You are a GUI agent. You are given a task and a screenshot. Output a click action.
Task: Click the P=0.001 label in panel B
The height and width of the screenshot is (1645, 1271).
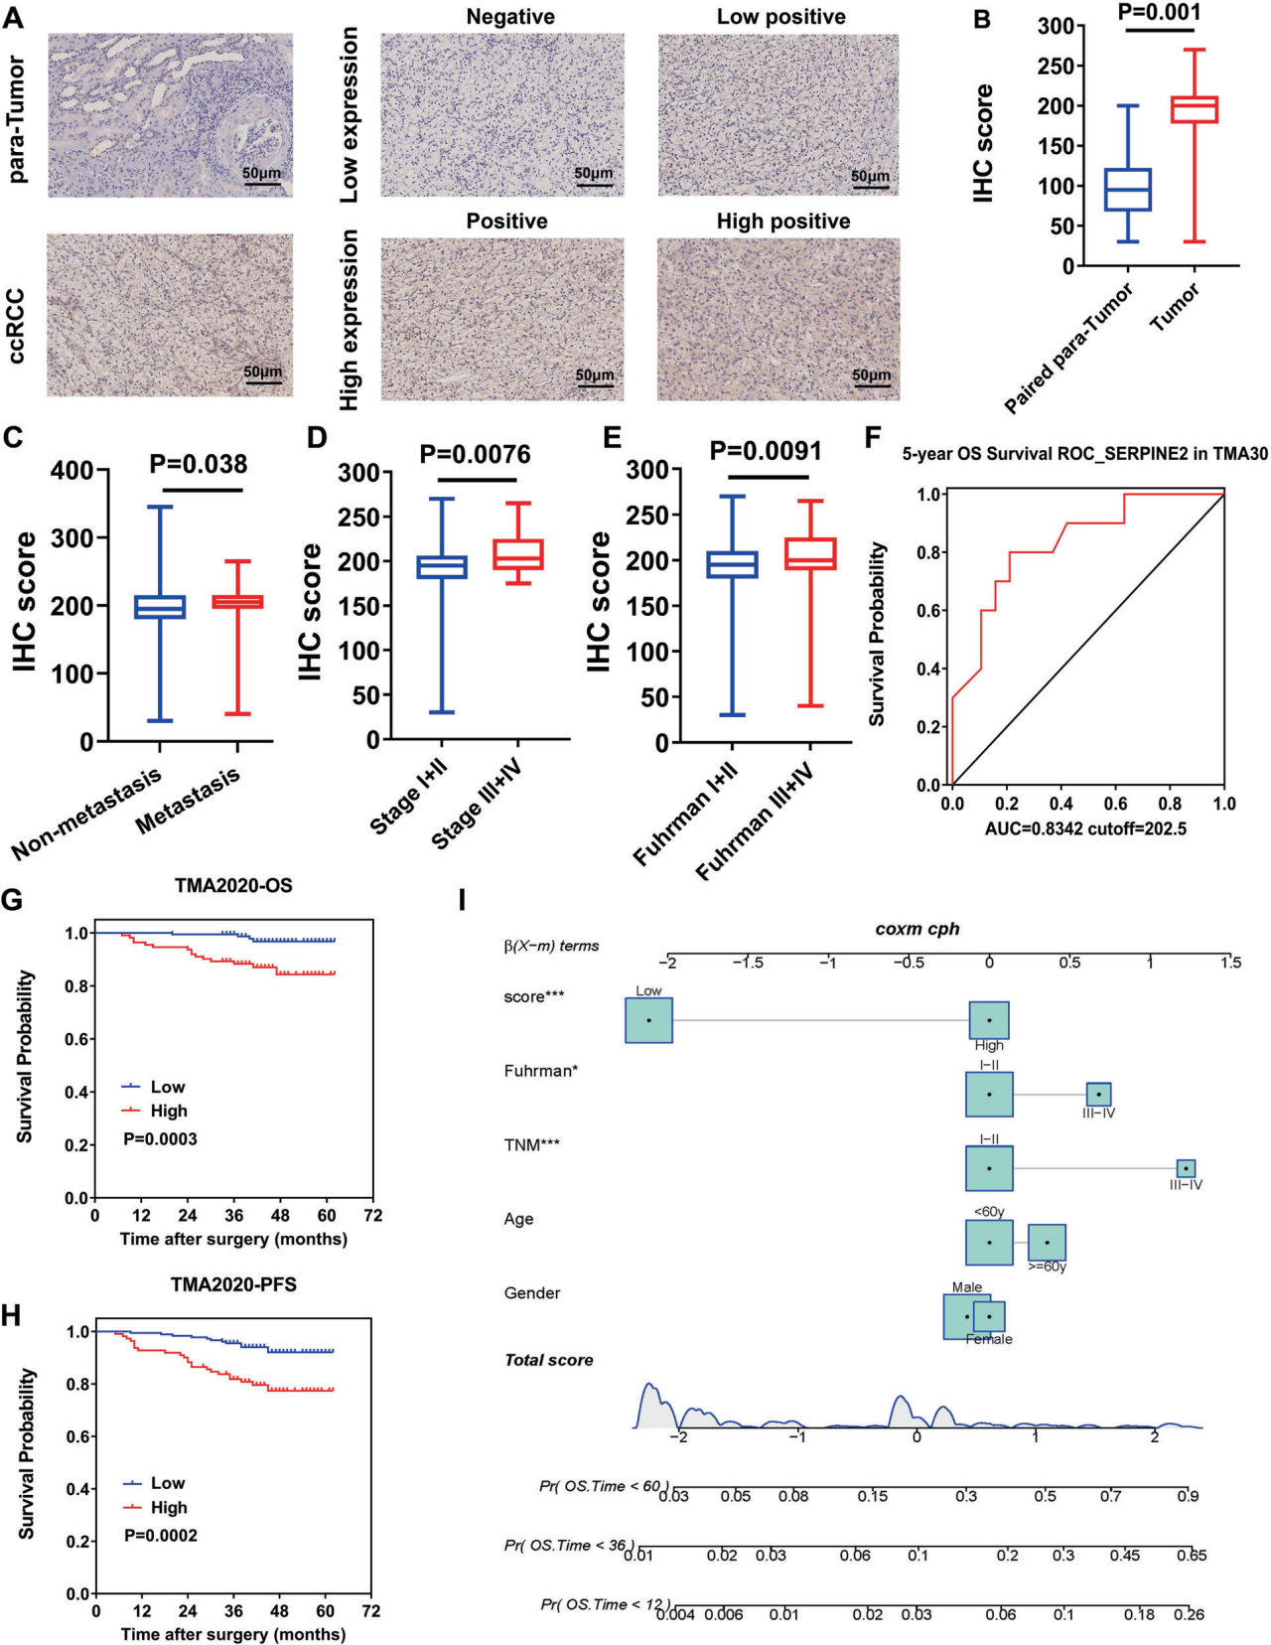click(x=1159, y=13)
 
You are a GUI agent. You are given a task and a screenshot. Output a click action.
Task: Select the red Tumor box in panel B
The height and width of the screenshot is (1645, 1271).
click(x=1194, y=109)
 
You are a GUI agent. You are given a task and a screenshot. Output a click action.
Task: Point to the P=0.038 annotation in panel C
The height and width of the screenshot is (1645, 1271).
click(x=199, y=465)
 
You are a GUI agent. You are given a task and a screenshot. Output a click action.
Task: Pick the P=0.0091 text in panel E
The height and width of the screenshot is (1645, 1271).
click(x=766, y=452)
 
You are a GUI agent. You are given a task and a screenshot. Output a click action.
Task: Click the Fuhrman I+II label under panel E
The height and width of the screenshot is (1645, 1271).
click(x=685, y=815)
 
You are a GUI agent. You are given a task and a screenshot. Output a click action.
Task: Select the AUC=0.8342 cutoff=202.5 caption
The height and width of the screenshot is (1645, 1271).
click(x=1085, y=828)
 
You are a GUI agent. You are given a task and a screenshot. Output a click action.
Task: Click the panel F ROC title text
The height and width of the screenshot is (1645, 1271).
click(x=1084, y=454)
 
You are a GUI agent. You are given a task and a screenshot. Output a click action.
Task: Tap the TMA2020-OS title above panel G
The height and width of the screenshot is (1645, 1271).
click(x=233, y=885)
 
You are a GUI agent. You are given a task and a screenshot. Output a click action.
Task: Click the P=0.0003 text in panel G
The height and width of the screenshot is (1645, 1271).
click(x=160, y=1139)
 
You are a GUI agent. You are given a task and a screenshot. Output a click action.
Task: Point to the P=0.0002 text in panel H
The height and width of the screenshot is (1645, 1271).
click(x=160, y=1536)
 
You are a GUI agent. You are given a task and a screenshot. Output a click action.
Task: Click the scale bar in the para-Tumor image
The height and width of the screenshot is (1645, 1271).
click(x=262, y=182)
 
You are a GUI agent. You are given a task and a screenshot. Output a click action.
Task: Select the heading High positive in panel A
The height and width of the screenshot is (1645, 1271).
click(x=783, y=222)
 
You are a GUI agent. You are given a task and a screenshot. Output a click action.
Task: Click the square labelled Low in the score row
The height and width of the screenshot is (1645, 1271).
click(x=648, y=1020)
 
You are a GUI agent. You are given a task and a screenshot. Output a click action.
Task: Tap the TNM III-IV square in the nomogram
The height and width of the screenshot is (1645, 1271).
click(x=1186, y=1169)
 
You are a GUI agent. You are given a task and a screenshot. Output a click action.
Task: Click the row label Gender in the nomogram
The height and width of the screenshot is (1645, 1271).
click(x=532, y=1293)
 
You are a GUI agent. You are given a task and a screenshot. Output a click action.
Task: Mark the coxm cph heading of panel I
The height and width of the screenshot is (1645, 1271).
click(x=917, y=930)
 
